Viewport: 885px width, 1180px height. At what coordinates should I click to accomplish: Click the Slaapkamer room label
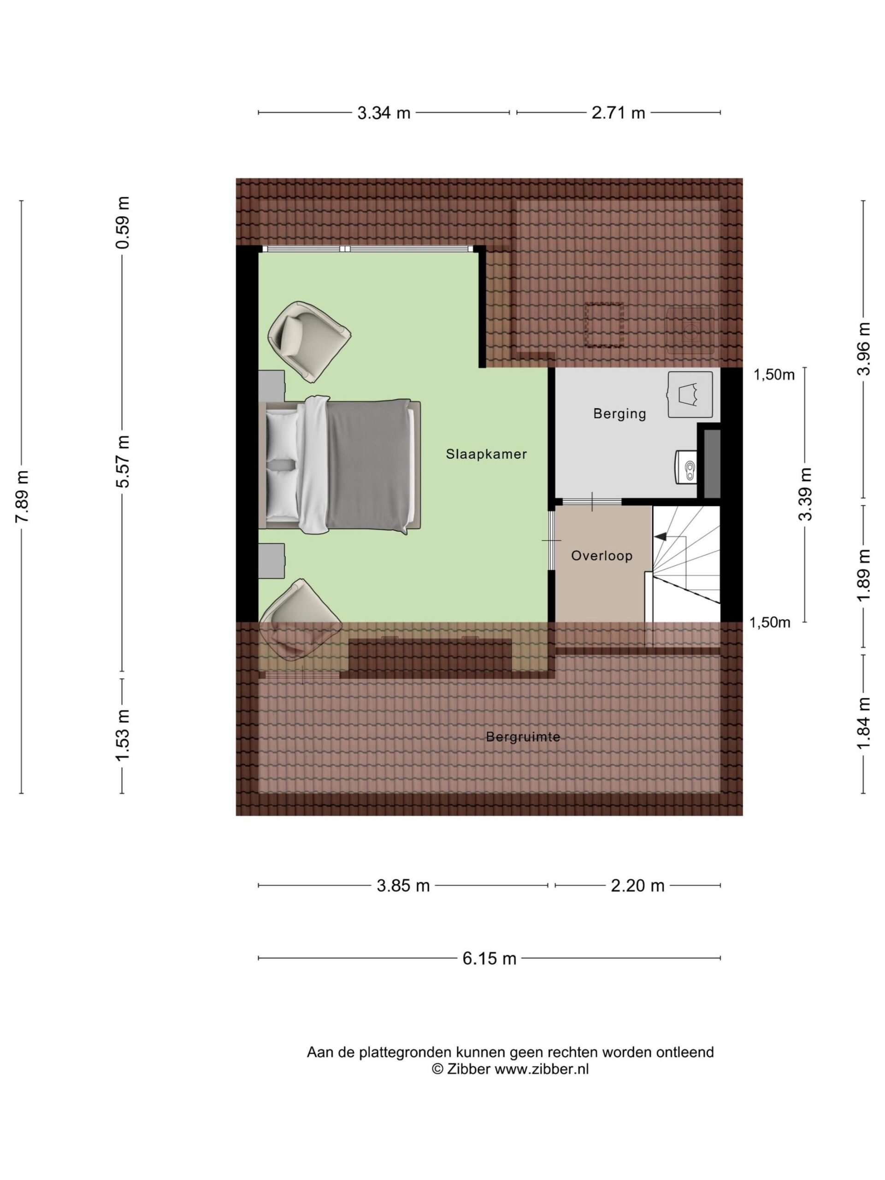tap(486, 454)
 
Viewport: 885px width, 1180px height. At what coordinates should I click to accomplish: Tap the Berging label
tap(619, 413)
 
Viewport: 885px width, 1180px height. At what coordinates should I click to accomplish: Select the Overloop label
tap(602, 555)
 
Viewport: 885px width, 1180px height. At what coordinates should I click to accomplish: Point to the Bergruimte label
tap(523, 737)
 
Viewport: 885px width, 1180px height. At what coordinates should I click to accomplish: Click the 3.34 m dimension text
tap(383, 113)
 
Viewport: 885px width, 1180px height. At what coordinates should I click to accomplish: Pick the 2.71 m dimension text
tap(618, 113)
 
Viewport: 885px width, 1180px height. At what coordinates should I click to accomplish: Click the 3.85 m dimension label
tap(403, 885)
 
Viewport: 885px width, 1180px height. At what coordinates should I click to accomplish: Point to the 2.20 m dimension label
tap(637, 885)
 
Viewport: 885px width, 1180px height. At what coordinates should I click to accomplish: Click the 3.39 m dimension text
tap(804, 494)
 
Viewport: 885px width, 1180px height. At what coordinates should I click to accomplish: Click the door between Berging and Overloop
tap(592, 501)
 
